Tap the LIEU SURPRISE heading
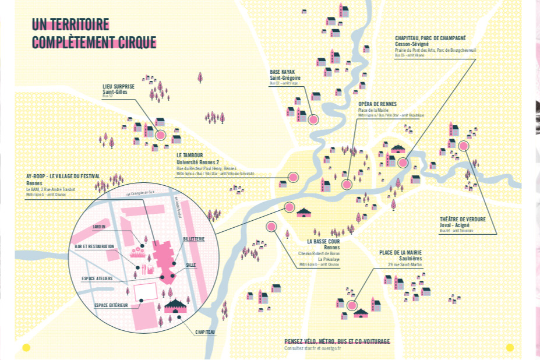pos(118,86)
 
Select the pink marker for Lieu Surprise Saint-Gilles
pos(160,135)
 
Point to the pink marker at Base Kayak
pos(313,119)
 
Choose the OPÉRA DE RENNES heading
pos(377,104)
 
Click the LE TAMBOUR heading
pos(189,156)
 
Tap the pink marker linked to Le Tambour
pos(293,177)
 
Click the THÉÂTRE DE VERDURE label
pos(463,219)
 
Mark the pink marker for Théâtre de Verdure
pos(464,146)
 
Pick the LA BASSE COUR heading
pos(323,241)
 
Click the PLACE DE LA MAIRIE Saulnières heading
pos(400,252)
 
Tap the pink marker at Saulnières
pos(352,305)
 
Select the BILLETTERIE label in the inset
pos(193,239)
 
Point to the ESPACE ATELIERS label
pos(97,278)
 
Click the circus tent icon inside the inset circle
pos(174,305)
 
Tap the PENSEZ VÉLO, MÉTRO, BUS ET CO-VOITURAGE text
pos(337,341)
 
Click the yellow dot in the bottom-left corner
pos(26,348)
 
